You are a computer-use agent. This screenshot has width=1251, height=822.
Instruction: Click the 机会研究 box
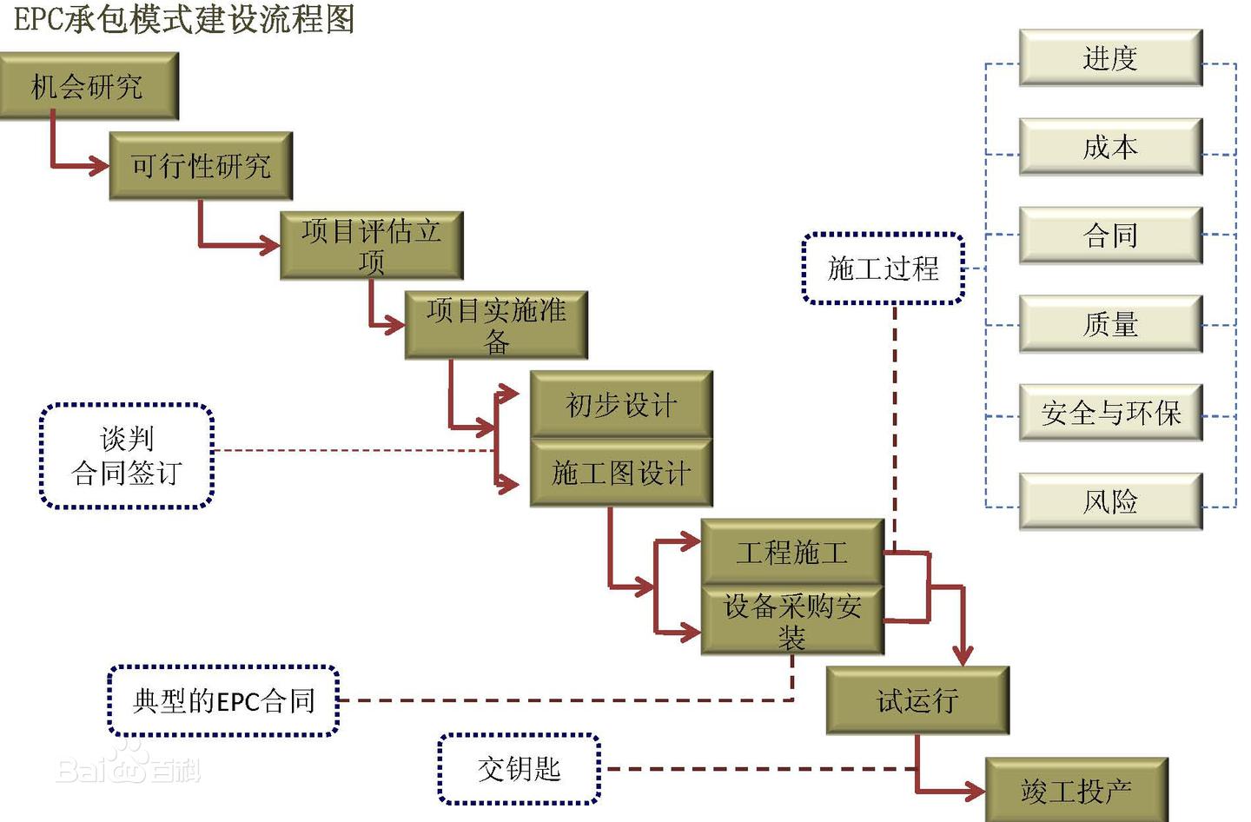89,86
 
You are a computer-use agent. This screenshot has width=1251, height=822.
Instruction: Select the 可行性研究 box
201,166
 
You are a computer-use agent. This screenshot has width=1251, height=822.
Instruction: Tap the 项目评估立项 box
371,245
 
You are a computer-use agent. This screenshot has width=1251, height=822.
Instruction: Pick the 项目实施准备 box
496,325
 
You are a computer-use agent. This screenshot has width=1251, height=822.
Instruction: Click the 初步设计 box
621,404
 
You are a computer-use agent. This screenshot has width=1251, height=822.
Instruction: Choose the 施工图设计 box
621,473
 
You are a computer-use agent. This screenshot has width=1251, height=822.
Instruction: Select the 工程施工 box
792,552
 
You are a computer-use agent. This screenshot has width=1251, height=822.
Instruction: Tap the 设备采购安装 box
792,620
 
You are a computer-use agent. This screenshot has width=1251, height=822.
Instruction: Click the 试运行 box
917,700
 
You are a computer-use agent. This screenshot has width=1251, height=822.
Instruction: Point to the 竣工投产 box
1076,790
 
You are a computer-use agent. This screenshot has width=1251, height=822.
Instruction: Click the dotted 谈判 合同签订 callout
127,456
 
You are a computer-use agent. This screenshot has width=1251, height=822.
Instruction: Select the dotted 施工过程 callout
884,268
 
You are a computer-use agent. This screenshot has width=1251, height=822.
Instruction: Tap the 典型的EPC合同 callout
223,700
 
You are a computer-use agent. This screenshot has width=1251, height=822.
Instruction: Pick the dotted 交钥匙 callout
520,769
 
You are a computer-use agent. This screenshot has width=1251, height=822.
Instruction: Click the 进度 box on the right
1110,58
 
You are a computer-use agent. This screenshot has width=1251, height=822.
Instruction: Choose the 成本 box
1110,147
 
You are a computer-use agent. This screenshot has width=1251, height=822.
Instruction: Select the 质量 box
1110,324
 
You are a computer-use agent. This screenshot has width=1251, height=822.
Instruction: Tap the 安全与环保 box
1110,413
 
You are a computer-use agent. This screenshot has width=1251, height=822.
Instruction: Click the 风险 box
1110,501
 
